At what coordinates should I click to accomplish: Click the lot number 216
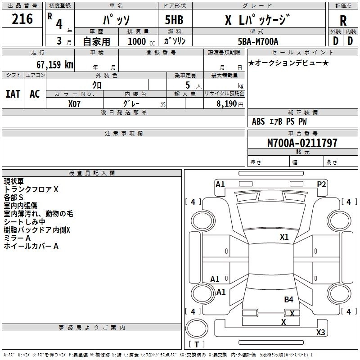(x=22, y=19)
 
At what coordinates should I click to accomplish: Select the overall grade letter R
(x=343, y=21)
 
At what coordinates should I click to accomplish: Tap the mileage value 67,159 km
(x=55, y=65)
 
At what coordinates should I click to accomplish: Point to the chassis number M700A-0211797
(x=302, y=143)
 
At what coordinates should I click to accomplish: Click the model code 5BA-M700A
(x=258, y=41)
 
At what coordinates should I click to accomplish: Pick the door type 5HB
(x=174, y=20)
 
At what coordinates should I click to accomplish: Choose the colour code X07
(x=74, y=104)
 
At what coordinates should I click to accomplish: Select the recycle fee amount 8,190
(x=226, y=103)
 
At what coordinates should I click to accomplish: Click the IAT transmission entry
(x=13, y=94)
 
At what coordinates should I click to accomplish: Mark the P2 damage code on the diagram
(x=321, y=184)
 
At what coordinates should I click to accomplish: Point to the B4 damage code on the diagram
(x=288, y=300)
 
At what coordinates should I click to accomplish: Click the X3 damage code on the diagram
(x=321, y=332)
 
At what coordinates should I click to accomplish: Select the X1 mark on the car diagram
(x=284, y=237)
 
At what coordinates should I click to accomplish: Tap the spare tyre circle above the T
(x=197, y=328)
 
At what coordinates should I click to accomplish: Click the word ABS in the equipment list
(x=258, y=121)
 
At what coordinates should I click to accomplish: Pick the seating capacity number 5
(x=188, y=85)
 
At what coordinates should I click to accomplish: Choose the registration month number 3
(x=59, y=41)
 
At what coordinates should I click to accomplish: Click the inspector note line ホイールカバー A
(x=31, y=246)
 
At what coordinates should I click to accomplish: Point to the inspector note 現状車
(x=14, y=181)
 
